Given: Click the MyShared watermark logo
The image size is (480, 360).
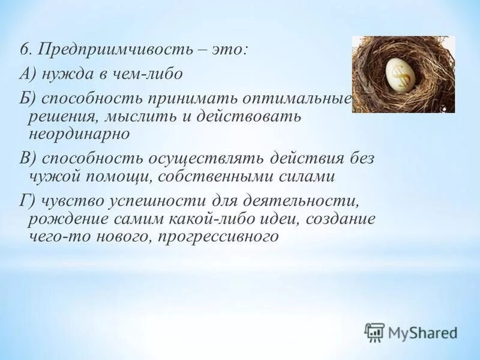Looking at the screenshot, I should [411, 332].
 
